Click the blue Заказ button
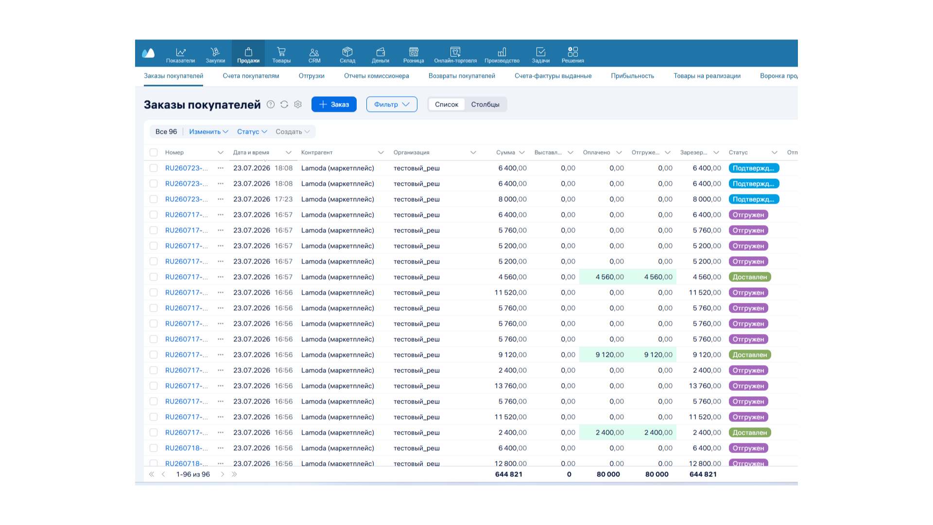point(334,105)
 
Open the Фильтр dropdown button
point(392,105)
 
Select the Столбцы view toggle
point(485,105)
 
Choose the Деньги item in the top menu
point(380,55)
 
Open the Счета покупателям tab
point(251,76)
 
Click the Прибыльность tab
point(632,76)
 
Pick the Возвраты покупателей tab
point(462,76)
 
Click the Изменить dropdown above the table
point(208,132)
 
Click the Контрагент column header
point(317,153)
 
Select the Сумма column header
point(505,153)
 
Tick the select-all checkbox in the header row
point(154,153)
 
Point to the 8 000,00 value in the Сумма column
point(512,199)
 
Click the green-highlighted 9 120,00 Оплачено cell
point(609,355)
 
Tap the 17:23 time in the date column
point(283,199)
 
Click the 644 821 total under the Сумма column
point(509,474)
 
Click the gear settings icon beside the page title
point(298,105)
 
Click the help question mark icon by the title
point(271,105)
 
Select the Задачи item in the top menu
point(540,55)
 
